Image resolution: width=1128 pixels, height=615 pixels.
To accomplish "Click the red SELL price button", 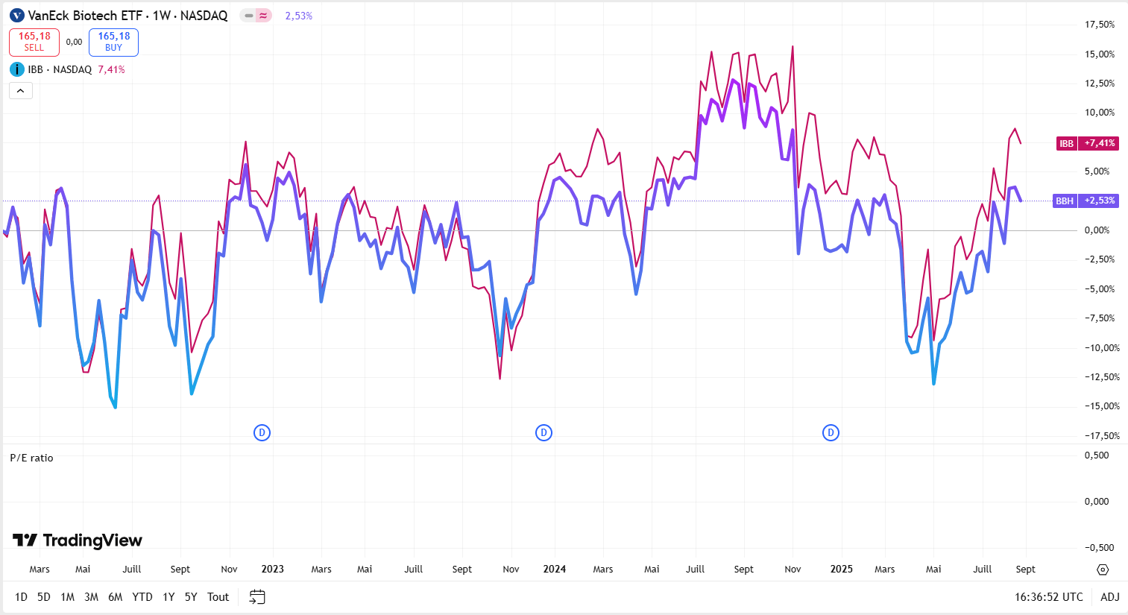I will (34, 42).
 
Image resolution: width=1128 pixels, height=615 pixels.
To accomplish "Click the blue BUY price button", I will (113, 42).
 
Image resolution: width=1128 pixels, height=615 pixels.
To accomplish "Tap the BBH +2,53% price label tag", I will (1086, 201).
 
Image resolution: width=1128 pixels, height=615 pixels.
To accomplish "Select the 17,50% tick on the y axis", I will (1100, 25).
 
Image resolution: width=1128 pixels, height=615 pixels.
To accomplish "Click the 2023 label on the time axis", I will (272, 569).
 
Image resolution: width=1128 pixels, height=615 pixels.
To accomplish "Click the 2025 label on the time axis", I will (841, 569).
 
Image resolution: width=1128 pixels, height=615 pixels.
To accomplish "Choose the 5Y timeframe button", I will (191, 597).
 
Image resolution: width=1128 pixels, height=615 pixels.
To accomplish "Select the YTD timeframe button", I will (142, 597).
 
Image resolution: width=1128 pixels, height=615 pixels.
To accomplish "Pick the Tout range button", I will (218, 597).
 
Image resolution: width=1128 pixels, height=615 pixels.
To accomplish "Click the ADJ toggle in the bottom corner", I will (1110, 597).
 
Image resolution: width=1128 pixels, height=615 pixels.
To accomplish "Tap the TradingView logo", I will (78, 540).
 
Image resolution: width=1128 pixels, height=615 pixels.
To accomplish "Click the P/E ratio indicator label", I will (31, 458).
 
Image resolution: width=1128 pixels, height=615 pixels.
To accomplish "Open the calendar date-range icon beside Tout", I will (257, 597).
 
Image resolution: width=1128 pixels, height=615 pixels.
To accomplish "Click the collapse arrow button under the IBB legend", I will (21, 91).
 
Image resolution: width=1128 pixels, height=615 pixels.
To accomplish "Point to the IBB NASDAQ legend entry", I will (60, 69).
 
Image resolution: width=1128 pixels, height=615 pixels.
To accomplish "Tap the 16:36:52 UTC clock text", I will (1048, 597).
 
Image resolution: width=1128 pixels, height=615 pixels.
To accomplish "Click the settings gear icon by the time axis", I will (1103, 570).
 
